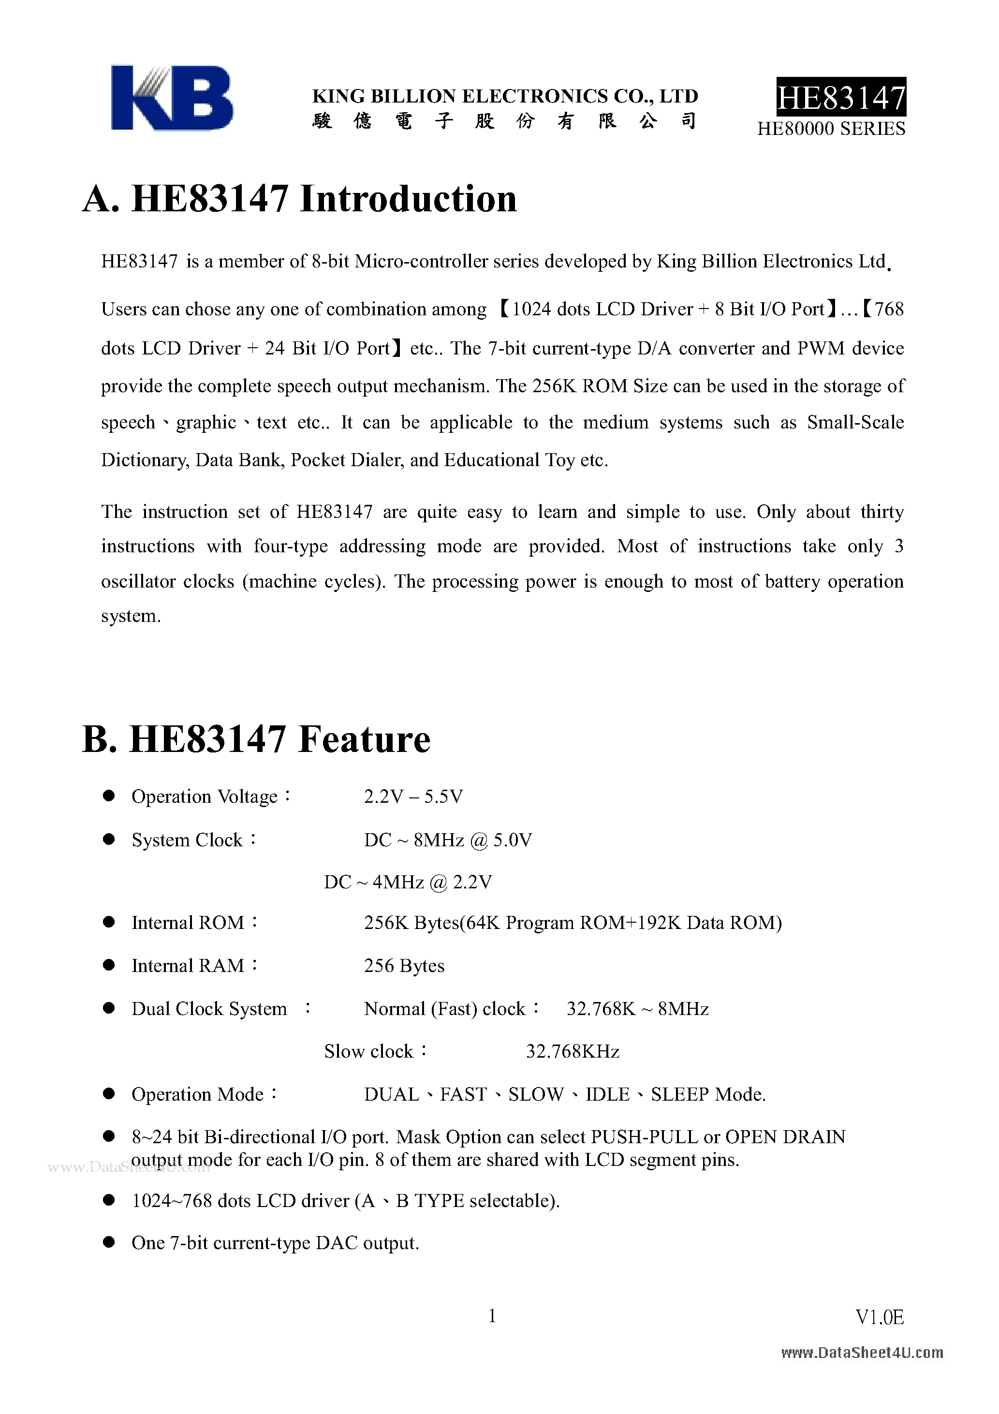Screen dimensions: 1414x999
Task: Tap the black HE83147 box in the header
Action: pos(841,97)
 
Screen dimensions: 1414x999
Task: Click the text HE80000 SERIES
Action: pos(831,129)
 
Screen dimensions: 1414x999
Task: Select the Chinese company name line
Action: pos(504,121)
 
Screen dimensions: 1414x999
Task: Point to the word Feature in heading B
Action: pos(364,739)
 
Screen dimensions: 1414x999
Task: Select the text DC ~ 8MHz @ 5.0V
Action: pos(448,840)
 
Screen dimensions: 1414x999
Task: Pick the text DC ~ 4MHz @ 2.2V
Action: pos(408,883)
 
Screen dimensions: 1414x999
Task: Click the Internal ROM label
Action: pos(188,923)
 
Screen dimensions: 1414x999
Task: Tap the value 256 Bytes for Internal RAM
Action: pos(404,966)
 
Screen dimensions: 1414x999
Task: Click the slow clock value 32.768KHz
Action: pos(572,1051)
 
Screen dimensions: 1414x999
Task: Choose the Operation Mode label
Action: pos(198,1094)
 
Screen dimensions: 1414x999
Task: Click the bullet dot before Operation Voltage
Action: pos(109,796)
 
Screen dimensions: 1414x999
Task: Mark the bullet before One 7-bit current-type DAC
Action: pos(109,1242)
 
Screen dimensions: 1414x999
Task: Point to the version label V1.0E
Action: pos(880,1317)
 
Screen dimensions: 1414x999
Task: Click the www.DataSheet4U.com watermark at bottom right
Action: pos(862,1353)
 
